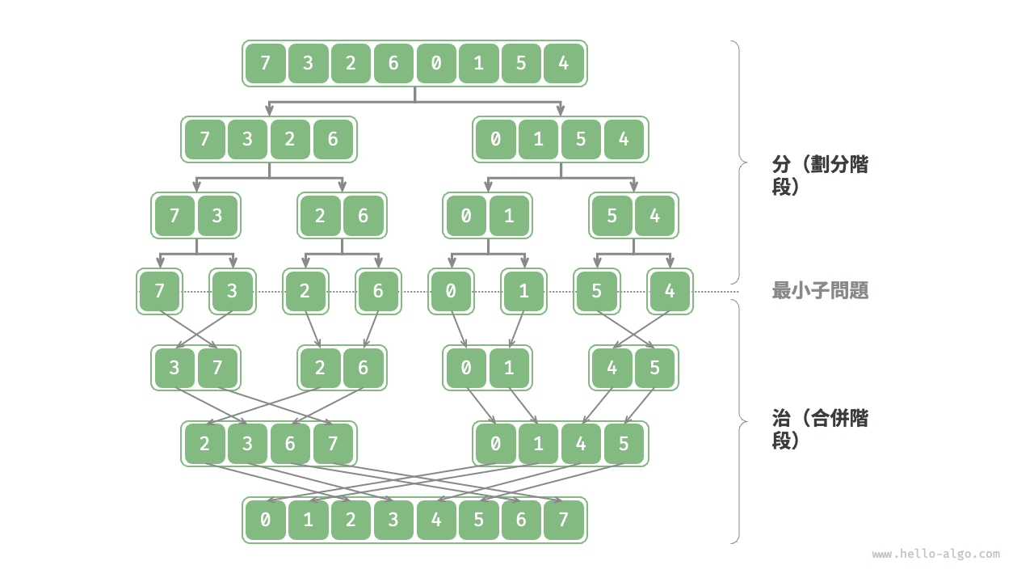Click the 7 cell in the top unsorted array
[x=266, y=63]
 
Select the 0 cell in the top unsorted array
[x=436, y=63]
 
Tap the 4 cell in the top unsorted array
[x=564, y=63]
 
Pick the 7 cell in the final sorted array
[x=564, y=520]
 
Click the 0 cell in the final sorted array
[x=266, y=520]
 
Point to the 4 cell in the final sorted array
[x=436, y=520]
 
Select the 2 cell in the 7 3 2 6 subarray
[x=290, y=139]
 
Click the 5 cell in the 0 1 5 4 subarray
[x=582, y=139]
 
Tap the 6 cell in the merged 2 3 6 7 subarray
[x=290, y=444]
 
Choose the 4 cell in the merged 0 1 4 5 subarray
[x=582, y=444]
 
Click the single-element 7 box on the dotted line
[x=159, y=291]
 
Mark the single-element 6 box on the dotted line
[x=377, y=291]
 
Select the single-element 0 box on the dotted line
[x=451, y=291]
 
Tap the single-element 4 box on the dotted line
[x=669, y=291]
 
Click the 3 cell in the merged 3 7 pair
[x=174, y=368]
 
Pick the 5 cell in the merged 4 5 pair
[x=654, y=368]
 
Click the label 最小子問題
[x=820, y=291]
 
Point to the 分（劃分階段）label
[x=820, y=175]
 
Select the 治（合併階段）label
[x=820, y=429]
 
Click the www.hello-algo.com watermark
[x=935, y=555]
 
